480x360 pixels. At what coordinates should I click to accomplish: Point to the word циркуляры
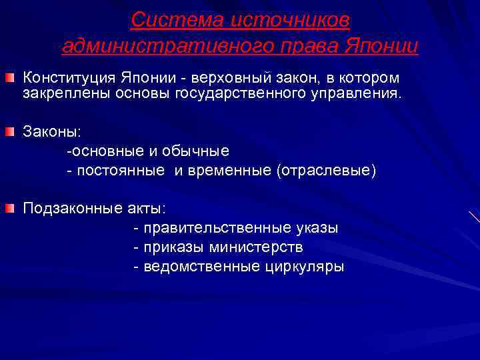click(304, 267)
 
